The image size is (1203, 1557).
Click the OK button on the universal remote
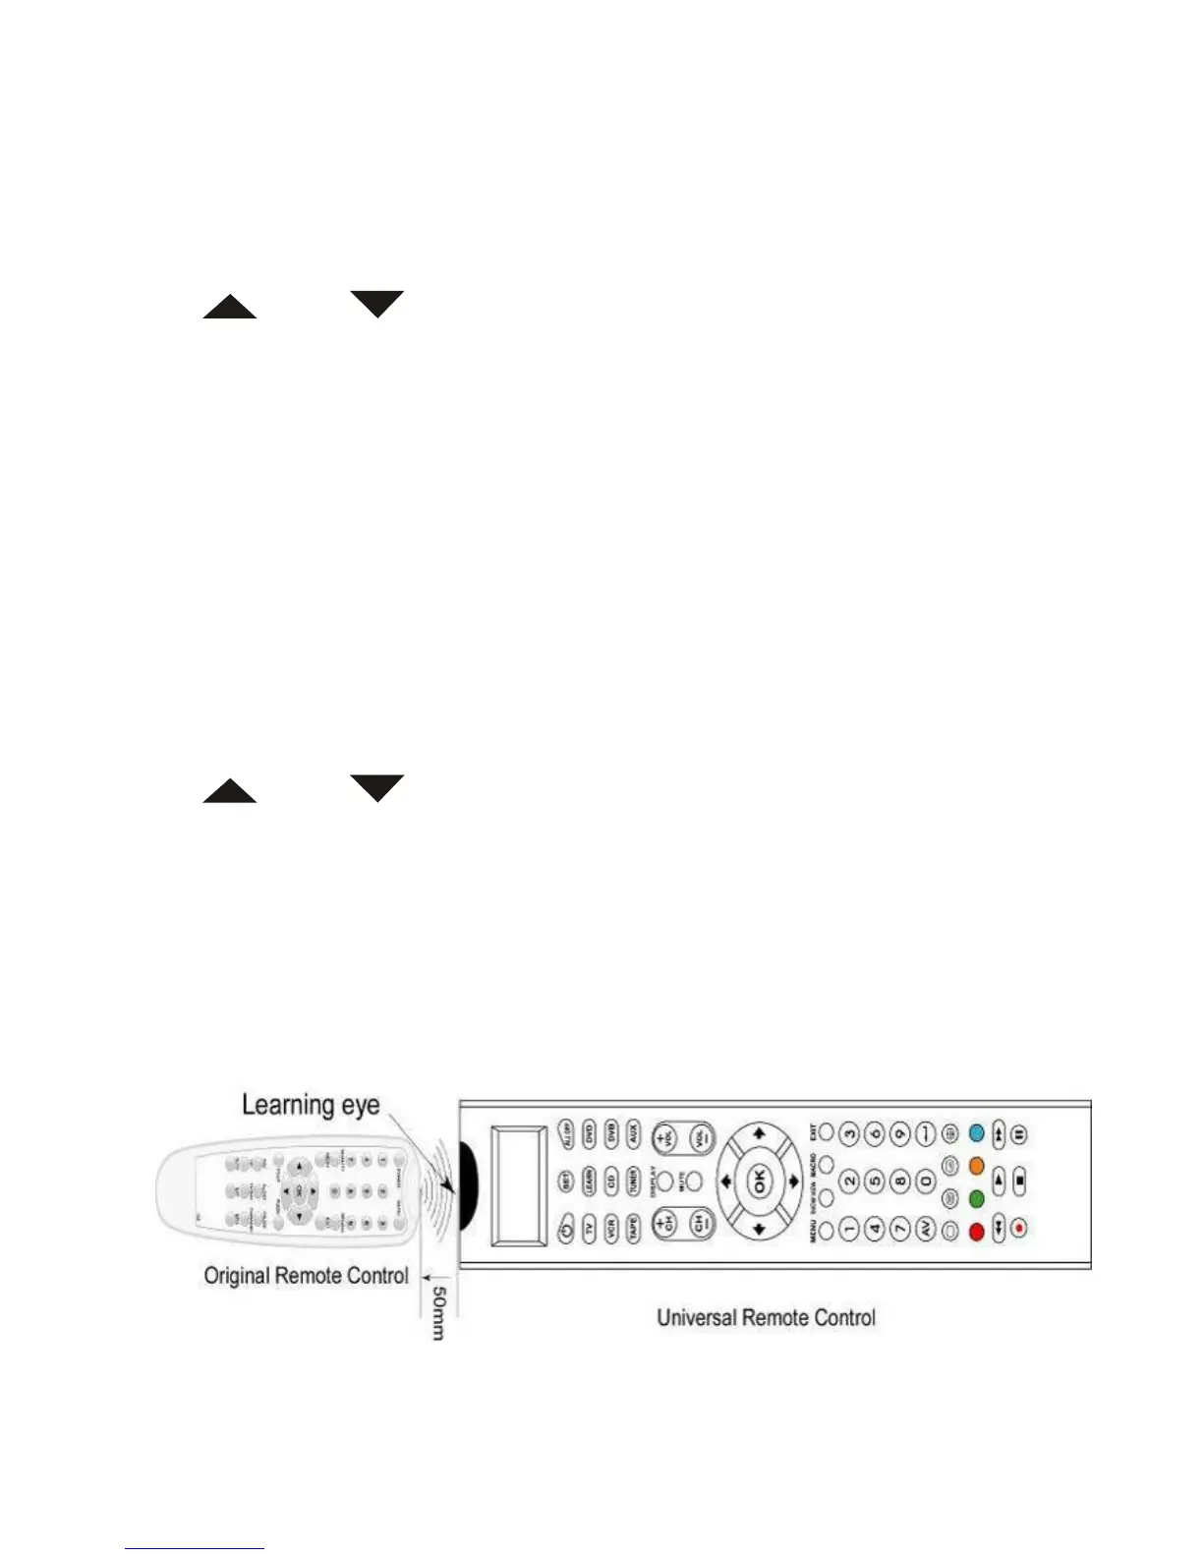[759, 1181]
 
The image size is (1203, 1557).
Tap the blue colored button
[976, 1132]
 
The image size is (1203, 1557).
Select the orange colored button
[976, 1166]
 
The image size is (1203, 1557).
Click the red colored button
[976, 1231]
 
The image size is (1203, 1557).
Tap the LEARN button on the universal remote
[588, 1181]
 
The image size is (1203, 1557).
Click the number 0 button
[925, 1181]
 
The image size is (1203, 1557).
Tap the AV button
[925, 1229]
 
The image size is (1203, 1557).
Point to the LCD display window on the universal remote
[518, 1185]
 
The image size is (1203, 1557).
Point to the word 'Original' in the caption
[237, 1276]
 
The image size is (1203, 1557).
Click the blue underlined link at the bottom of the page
[195, 1548]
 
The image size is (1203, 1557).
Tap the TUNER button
[634, 1181]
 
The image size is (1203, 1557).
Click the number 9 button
[899, 1133]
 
